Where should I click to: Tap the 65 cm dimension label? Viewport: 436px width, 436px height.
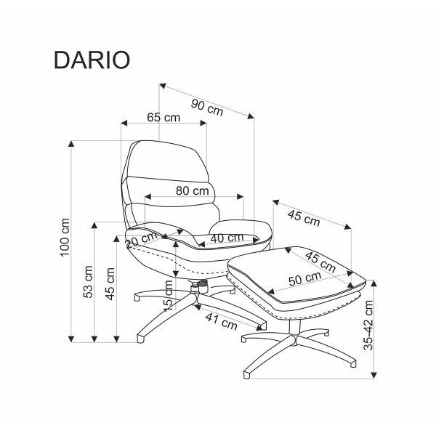163,117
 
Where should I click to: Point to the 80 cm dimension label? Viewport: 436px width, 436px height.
193,191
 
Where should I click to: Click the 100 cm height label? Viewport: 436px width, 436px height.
65,237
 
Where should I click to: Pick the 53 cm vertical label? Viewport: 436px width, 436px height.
88,282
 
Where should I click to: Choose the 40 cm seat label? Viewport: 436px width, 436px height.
227,238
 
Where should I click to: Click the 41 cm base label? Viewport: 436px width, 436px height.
220,317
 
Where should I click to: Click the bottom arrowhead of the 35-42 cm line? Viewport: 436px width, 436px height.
376,374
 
